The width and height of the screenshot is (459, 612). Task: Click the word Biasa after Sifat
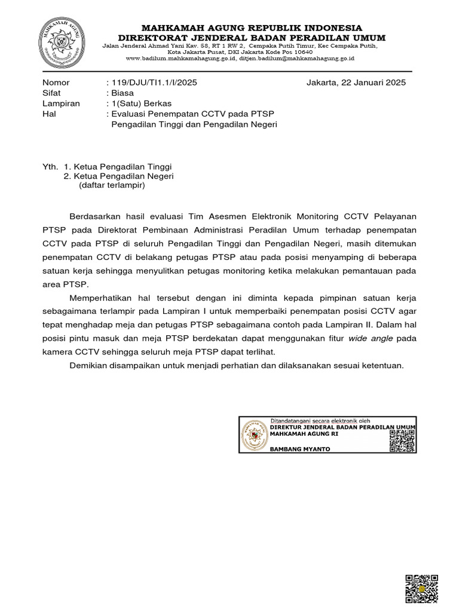[122, 93]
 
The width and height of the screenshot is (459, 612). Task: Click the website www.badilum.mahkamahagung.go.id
[181, 59]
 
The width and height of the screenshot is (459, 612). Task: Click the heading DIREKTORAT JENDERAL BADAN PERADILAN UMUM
[250, 38]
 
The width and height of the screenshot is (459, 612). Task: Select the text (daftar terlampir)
[112, 185]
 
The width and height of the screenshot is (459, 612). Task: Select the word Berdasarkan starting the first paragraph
[97, 216]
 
